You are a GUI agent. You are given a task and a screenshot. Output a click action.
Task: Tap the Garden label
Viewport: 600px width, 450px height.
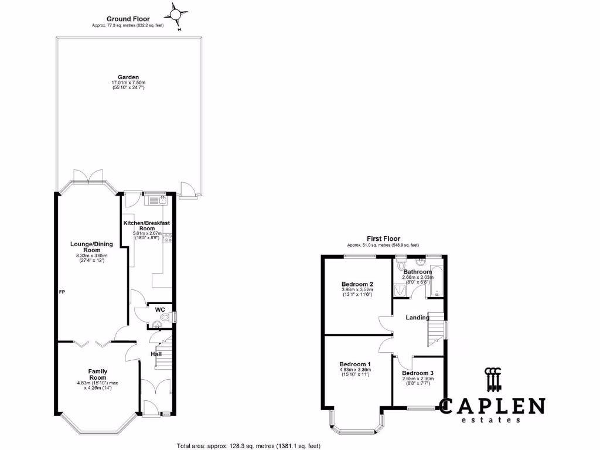[x=128, y=77]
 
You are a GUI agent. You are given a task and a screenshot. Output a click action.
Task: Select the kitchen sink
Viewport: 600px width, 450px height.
[x=157, y=200]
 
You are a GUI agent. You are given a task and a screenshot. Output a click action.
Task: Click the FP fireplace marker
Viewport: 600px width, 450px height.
[x=62, y=291]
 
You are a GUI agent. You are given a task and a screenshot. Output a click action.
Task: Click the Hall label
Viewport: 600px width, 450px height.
[x=156, y=354]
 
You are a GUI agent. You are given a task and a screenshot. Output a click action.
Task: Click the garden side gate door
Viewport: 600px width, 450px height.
[x=188, y=189]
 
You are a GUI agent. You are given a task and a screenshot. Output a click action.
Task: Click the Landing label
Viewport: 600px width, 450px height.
[x=419, y=318]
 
